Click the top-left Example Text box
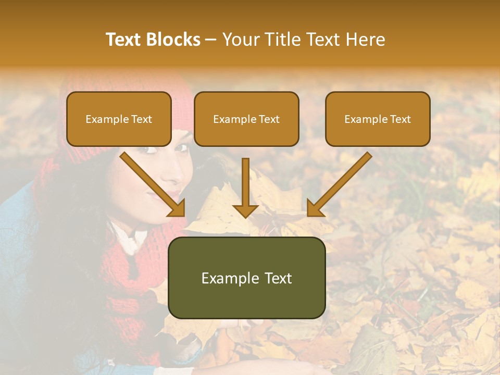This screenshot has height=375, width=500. coord(119,119)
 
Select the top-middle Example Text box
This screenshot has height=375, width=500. coord(246,119)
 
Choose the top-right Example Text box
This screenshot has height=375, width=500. coord(378,119)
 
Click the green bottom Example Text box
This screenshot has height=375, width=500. coord(246,278)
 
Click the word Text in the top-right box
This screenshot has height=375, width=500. coord(400,119)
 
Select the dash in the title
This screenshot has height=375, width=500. coord(211,40)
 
